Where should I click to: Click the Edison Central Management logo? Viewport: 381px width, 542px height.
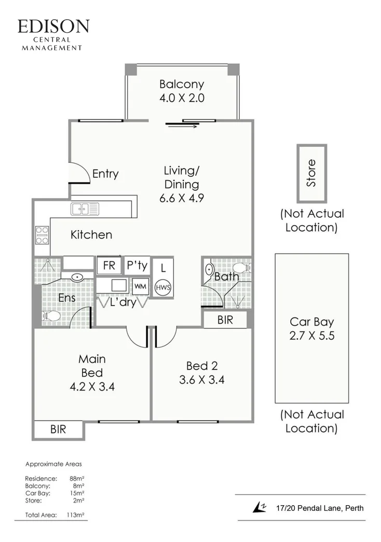[x=53, y=34]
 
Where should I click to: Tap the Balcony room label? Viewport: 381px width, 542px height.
[x=181, y=84]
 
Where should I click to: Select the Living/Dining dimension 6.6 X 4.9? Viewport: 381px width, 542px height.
[x=181, y=198]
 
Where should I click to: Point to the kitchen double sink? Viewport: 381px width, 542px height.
[x=85, y=209]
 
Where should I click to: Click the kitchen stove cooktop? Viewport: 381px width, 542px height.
[x=42, y=235]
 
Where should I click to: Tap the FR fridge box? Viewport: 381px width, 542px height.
[x=109, y=266]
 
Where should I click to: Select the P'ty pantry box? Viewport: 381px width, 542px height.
[x=137, y=266]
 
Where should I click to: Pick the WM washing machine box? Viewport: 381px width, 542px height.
[x=140, y=286]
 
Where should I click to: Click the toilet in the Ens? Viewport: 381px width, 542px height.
[x=52, y=315]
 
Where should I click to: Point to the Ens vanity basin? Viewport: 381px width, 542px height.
[x=77, y=277]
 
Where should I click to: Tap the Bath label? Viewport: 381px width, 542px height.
[x=226, y=276]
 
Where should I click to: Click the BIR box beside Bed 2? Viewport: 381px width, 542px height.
[x=225, y=320]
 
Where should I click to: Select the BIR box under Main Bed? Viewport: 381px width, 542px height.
[x=58, y=430]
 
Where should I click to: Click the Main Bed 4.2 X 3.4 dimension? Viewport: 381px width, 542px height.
[x=92, y=386]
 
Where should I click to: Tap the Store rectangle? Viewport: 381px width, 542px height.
[x=311, y=173]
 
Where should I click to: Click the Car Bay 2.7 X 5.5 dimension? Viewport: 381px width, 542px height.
[x=311, y=336]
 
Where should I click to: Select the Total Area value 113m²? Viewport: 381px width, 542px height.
[x=75, y=515]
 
